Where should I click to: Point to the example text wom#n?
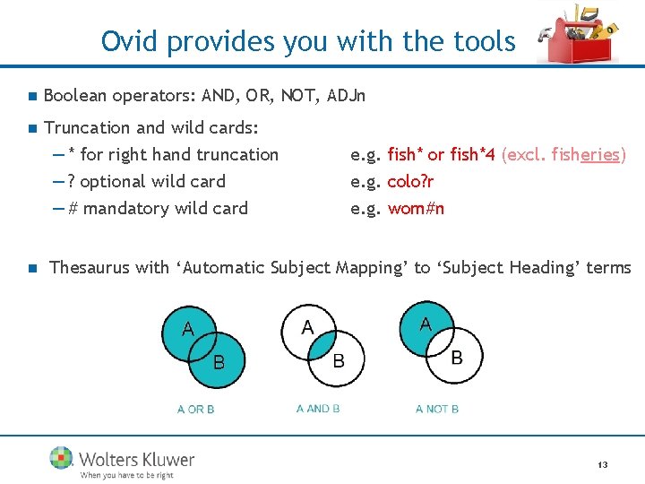tap(416, 209)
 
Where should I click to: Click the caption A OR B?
tap(195, 409)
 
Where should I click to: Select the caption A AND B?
tap(317, 409)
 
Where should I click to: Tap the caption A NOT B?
tap(436, 409)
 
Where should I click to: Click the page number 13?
tap(602, 465)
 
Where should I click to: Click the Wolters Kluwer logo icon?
tap(62, 458)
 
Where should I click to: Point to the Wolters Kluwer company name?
tap(136, 459)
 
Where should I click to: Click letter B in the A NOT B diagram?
tap(456, 358)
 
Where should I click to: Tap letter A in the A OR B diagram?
tap(187, 329)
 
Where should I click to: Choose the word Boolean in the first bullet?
tap(75, 96)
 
